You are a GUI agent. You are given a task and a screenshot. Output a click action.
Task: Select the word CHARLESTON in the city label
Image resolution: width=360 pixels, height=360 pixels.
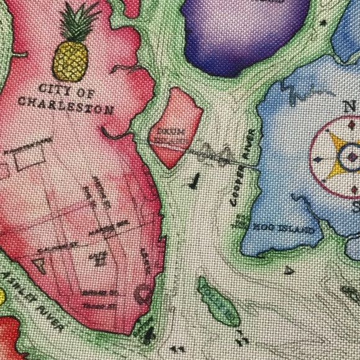point(66,106)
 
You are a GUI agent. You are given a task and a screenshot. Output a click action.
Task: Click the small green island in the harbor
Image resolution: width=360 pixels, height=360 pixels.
point(217,302)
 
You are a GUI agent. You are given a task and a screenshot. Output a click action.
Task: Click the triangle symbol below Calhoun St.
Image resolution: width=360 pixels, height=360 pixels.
point(41,266)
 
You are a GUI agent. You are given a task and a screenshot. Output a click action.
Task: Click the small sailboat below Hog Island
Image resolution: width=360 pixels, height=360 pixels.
point(288,271)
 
